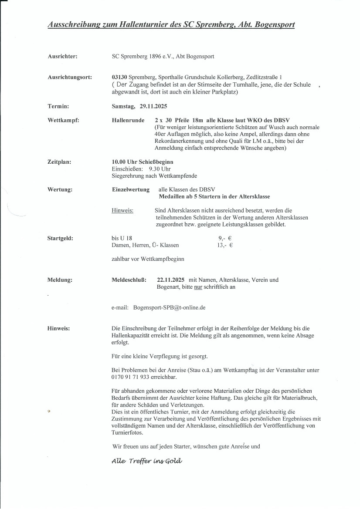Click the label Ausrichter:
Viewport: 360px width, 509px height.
62,57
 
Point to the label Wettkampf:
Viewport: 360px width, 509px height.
63,120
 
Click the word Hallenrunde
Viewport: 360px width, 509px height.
128,120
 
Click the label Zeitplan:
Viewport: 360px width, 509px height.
59,162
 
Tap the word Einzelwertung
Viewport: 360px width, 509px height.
130,190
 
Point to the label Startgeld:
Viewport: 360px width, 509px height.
60,238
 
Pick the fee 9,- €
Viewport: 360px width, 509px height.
224,239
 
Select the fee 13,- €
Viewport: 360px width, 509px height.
225,245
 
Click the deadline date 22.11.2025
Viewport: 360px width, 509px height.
170,280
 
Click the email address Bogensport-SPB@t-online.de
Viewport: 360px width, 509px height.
169,307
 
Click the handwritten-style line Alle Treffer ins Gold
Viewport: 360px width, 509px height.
146,462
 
